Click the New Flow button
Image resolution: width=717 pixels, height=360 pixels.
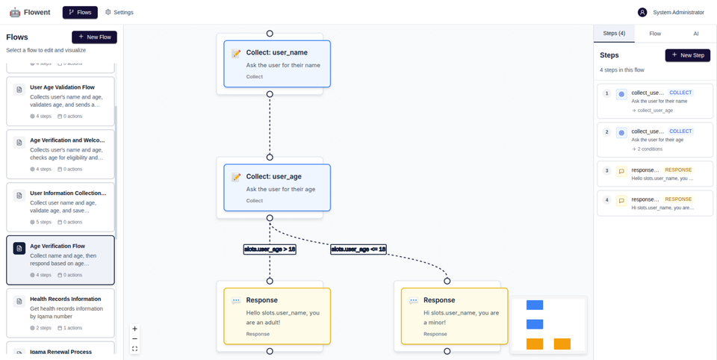point(94,37)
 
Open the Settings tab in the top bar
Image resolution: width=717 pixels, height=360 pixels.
point(119,12)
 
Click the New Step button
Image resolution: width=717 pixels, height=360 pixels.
point(687,55)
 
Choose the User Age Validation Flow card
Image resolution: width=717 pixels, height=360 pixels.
point(60,101)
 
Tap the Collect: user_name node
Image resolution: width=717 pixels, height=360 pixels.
point(277,63)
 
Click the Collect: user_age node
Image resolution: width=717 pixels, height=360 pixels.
point(277,188)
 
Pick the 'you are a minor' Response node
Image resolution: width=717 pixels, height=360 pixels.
point(454,316)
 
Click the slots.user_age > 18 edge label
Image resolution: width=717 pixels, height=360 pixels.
point(270,249)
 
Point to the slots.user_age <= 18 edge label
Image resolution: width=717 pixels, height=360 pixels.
point(358,249)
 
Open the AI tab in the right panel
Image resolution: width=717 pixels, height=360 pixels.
point(695,34)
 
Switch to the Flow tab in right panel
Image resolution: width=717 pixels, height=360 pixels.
point(655,34)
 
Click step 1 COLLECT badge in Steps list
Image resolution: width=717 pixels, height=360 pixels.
point(680,93)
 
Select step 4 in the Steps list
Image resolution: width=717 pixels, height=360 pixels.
point(655,203)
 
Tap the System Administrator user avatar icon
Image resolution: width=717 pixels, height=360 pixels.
point(642,12)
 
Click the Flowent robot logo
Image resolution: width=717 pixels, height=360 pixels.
point(15,12)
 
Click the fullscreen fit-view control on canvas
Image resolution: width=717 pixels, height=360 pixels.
point(134,349)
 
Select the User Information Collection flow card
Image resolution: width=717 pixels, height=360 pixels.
point(60,207)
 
